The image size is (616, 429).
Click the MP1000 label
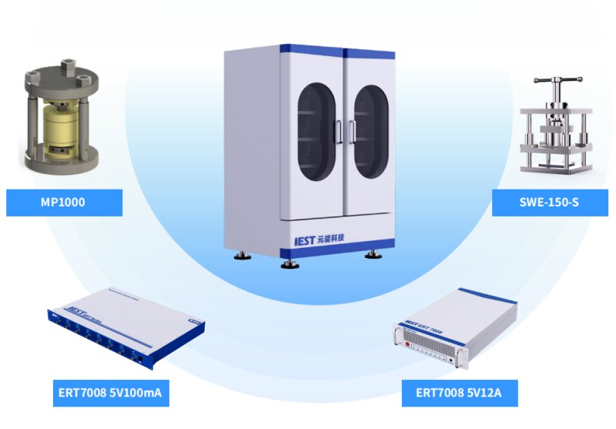63,203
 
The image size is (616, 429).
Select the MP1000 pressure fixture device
61,123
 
